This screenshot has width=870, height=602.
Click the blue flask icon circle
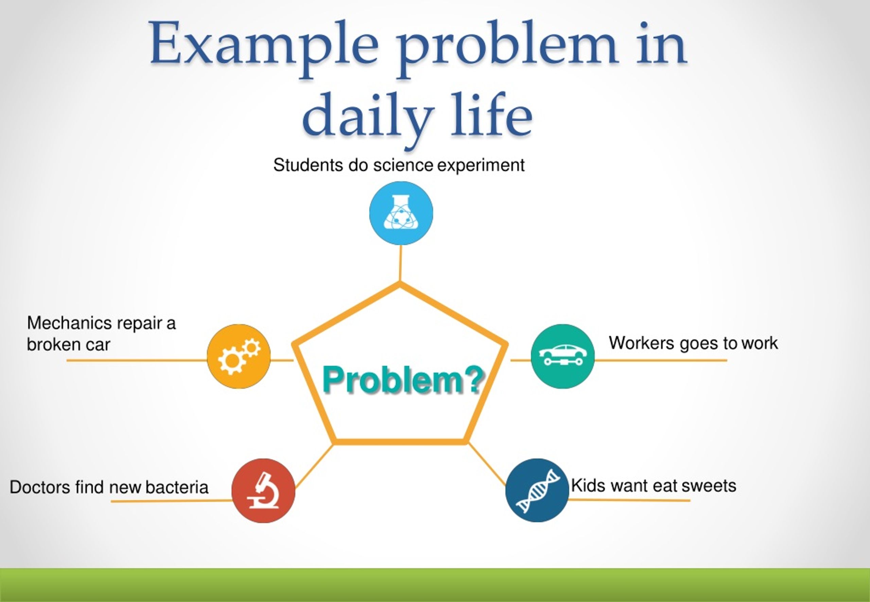tap(401, 213)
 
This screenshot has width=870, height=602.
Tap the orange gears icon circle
tap(239, 356)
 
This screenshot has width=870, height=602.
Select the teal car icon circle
tap(562, 356)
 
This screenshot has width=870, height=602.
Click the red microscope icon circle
tap(263, 490)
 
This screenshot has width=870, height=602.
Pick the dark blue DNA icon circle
tap(537, 490)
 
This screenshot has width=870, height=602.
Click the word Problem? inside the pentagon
tap(403, 380)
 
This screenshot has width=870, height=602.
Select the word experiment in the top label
tap(481, 165)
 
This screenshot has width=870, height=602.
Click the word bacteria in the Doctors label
tap(177, 487)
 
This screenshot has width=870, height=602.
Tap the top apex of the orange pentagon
tap(400, 285)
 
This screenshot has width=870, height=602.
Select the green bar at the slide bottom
tap(435, 585)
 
